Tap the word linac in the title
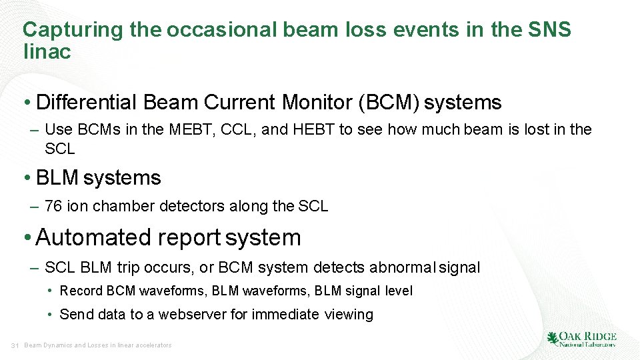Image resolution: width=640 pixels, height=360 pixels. point(47,52)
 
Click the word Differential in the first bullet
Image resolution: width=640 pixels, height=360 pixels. point(87,103)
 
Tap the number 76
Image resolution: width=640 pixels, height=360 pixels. point(53,207)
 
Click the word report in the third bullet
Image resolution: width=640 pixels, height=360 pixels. point(189,237)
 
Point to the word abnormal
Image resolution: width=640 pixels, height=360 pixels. point(401,268)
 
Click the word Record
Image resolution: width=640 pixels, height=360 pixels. point(81,291)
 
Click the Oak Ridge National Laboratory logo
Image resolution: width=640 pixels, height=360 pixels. point(581,339)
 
